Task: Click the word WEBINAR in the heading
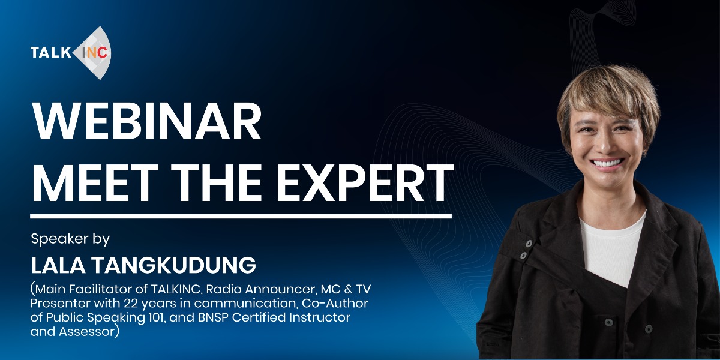[x=146, y=121]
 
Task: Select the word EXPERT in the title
[x=365, y=182]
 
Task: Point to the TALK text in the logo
[x=51, y=53]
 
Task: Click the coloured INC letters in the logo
[x=95, y=53]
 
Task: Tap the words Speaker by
[x=70, y=239]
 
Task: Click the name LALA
[x=58, y=265]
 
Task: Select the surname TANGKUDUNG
[x=173, y=265]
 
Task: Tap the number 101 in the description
[x=157, y=317]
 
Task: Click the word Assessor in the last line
[x=87, y=331]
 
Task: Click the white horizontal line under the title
[x=241, y=217]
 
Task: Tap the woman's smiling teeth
[x=607, y=163]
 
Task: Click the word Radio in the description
[x=223, y=289]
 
